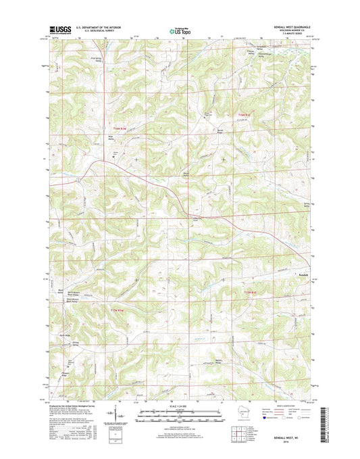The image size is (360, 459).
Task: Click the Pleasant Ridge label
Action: pos(66,372)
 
